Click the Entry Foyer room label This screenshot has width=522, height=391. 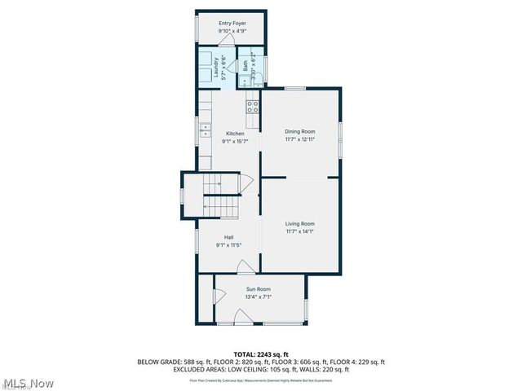pyautogui.click(x=232, y=24)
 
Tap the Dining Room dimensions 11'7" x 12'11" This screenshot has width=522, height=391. pyautogui.click(x=299, y=139)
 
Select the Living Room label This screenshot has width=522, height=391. pyautogui.click(x=299, y=223)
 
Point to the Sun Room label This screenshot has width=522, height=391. pyautogui.click(x=259, y=289)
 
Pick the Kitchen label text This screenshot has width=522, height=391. pyautogui.click(x=235, y=134)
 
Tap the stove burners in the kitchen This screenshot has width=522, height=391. pyautogui.click(x=253, y=105)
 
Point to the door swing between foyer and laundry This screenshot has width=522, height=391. pyautogui.click(x=243, y=52)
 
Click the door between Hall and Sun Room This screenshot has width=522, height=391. pyautogui.click(x=243, y=266)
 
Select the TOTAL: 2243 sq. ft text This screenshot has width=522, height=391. pyautogui.click(x=261, y=354)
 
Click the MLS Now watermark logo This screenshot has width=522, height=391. pyautogui.click(x=28, y=383)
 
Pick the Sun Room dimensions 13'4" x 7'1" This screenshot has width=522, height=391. pyautogui.click(x=259, y=297)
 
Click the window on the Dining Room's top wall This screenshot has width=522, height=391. pyautogui.click(x=294, y=88)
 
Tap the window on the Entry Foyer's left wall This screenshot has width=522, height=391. pyautogui.click(x=196, y=28)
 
